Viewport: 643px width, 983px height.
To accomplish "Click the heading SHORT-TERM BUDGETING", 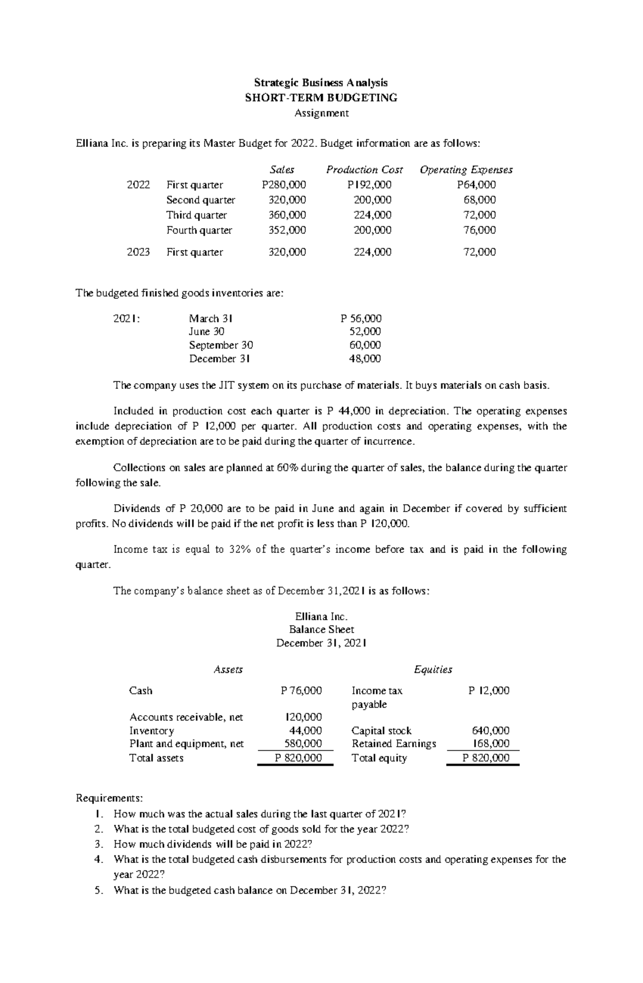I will click(320, 97).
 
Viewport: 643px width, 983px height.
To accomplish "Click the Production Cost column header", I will click(364, 170).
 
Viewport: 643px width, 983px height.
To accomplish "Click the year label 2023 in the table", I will click(138, 252).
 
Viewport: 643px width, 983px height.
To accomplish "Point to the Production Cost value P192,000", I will click(369, 185).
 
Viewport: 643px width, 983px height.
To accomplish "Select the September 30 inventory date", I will click(221, 345).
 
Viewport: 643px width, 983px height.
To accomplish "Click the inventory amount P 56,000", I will click(361, 318).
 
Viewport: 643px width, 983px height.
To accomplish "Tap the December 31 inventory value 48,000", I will click(365, 358).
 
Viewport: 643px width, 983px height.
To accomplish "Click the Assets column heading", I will click(228, 670).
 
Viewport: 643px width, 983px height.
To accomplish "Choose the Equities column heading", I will click(433, 670).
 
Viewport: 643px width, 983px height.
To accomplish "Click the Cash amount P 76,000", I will click(301, 691).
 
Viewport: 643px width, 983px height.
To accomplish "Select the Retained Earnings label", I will click(394, 744).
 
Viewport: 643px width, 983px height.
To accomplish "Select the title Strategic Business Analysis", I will click(320, 82).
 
